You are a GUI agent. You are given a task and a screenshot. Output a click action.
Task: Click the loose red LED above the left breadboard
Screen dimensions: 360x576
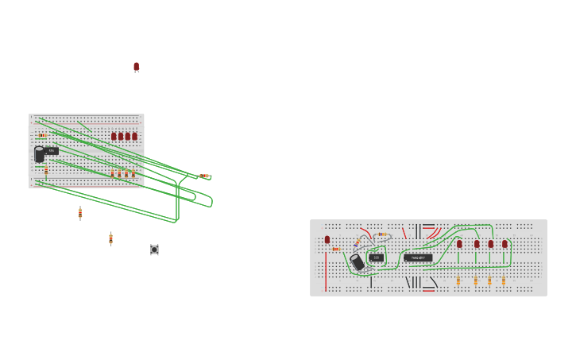[136, 67]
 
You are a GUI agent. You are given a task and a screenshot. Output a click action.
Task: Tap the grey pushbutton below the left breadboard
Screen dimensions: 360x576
[154, 250]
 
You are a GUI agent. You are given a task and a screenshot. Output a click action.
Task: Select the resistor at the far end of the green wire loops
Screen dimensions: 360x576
[204, 176]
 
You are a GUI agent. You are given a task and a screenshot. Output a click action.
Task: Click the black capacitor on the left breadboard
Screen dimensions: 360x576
[39, 154]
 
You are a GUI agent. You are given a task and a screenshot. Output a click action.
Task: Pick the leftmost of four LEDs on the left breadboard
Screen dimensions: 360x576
[114, 137]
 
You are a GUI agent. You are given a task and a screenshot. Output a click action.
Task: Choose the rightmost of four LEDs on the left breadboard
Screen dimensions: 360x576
[134, 137]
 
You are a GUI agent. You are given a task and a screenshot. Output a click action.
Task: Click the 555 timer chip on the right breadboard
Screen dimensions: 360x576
[376, 257]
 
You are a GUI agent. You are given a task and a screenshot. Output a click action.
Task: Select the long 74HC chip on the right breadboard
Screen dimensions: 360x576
[418, 257]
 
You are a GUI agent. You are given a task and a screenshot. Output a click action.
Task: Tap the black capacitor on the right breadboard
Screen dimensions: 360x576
[358, 261]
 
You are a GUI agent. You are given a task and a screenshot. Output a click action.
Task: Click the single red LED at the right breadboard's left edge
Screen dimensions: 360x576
[327, 239]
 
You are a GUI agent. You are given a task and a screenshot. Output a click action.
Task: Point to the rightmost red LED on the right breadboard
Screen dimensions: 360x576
[504, 244]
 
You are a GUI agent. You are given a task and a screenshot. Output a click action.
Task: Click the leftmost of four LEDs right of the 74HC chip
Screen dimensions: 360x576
[459, 244]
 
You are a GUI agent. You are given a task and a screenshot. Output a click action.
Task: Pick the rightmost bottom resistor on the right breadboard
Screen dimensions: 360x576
[503, 281]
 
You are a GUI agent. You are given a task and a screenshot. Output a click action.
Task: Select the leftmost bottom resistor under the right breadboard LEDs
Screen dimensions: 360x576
[458, 281]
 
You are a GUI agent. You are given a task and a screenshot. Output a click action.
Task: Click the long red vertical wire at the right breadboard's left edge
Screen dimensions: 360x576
[326, 272]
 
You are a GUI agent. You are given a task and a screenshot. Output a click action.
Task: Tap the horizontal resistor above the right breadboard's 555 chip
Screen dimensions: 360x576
[383, 234]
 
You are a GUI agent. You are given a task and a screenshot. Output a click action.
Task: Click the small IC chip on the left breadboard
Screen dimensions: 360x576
[52, 150]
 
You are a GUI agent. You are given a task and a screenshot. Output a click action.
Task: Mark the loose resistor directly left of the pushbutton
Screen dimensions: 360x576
[110, 238]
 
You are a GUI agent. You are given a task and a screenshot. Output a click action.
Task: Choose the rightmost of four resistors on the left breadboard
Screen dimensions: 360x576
[133, 173]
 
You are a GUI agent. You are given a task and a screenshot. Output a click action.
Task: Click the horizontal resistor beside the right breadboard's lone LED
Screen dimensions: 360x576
[336, 250]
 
